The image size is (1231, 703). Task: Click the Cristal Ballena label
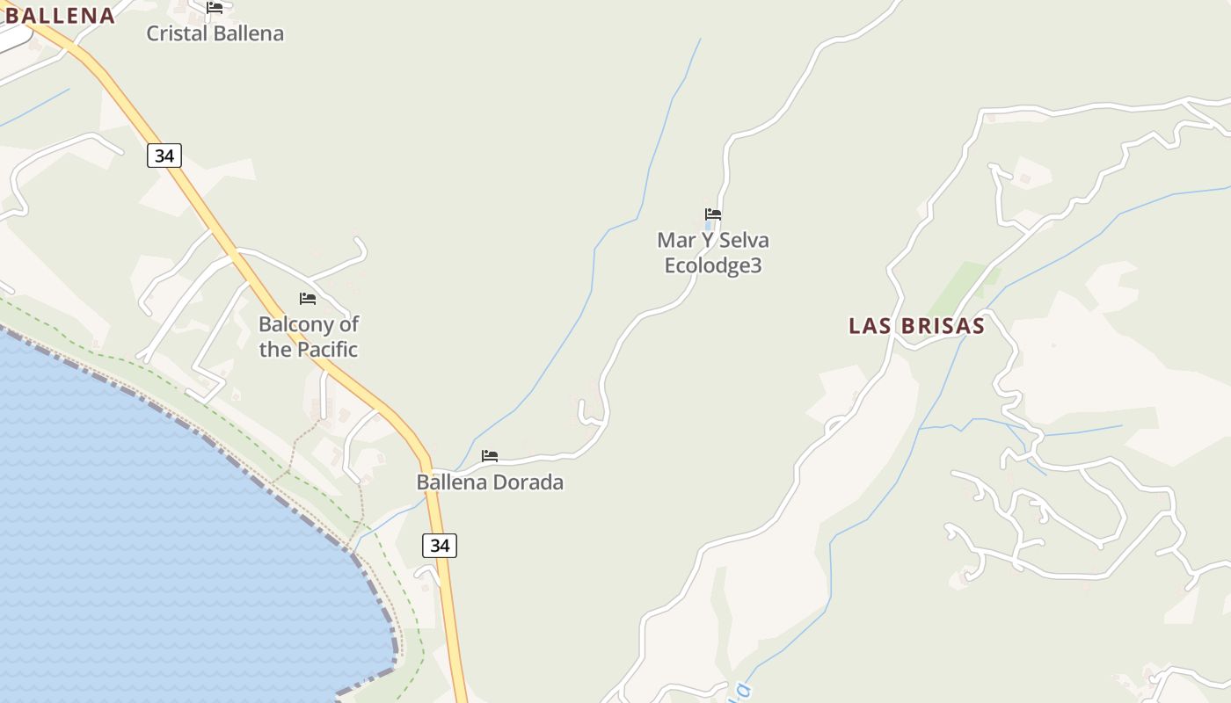point(215,33)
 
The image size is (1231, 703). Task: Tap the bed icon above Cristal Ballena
point(215,8)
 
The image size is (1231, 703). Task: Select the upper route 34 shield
point(164,156)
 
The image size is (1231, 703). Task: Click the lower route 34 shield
point(440,545)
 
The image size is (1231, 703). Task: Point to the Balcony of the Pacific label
point(308,337)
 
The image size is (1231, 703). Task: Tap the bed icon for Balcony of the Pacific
point(308,299)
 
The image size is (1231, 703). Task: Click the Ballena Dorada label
point(490,482)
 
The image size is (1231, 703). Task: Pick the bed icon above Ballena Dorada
point(490,455)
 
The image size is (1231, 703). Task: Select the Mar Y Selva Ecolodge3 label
point(713,252)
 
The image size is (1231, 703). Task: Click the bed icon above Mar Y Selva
point(713,214)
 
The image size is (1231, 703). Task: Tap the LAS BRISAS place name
point(916,326)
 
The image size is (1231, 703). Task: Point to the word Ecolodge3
point(713,265)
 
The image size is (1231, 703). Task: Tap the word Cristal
point(174,33)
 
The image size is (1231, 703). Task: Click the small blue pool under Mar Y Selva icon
point(709,226)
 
